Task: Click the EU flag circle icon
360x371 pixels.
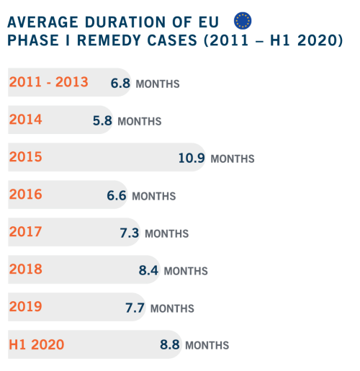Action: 243,21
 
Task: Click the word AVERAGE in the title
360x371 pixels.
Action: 43,22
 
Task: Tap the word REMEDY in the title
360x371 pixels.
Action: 109,40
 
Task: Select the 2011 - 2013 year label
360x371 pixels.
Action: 49,82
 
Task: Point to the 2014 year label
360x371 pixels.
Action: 26,120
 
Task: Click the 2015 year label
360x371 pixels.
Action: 26,157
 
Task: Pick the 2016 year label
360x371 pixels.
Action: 26,195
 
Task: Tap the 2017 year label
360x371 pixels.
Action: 26,232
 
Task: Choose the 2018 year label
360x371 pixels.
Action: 26,269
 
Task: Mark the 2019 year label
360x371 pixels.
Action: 26,306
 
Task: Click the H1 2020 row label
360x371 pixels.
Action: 37,344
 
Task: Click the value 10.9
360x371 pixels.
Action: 192,158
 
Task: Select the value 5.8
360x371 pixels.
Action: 102,121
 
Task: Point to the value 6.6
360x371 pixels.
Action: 117,195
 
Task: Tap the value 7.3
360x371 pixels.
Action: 130,233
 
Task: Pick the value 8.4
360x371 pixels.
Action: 148,270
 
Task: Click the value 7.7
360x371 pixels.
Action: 135,308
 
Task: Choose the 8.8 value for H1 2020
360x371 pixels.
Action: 170,344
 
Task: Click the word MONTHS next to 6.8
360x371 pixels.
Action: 158,84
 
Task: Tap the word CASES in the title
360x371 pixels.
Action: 172,40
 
